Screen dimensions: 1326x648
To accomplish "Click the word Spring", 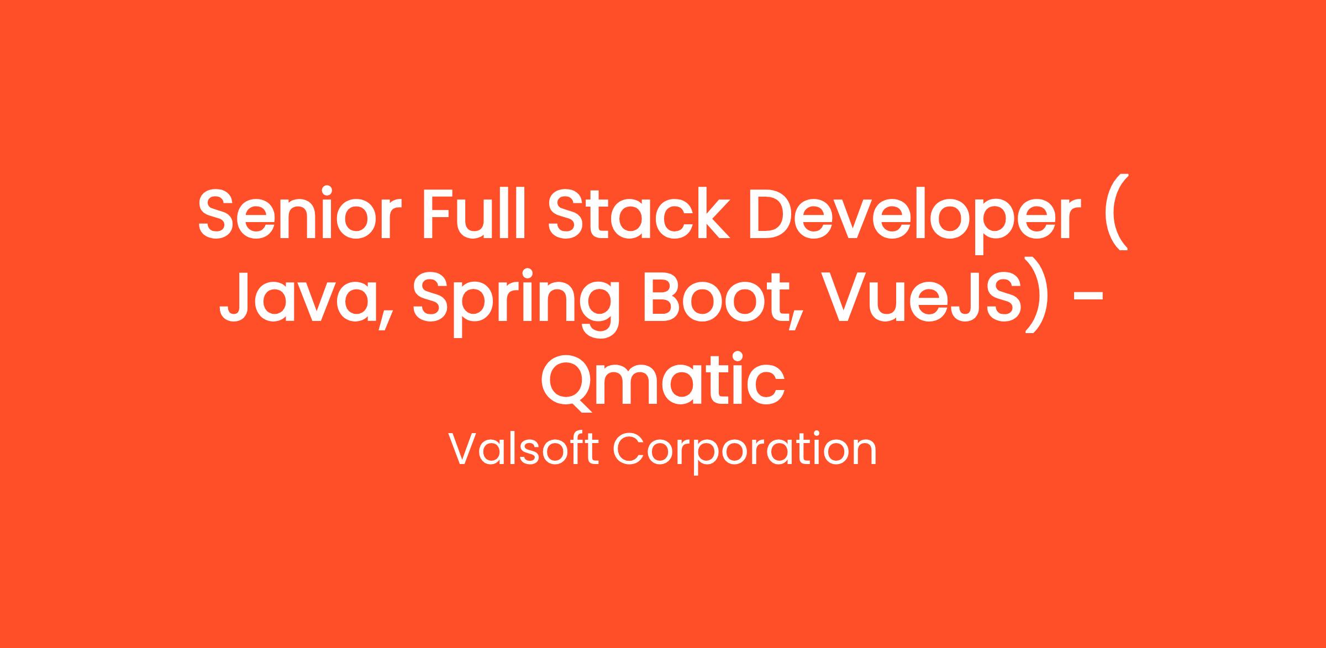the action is pyautogui.click(x=514, y=302).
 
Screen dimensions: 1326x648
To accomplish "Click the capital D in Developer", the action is pyautogui.click(x=773, y=214).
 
